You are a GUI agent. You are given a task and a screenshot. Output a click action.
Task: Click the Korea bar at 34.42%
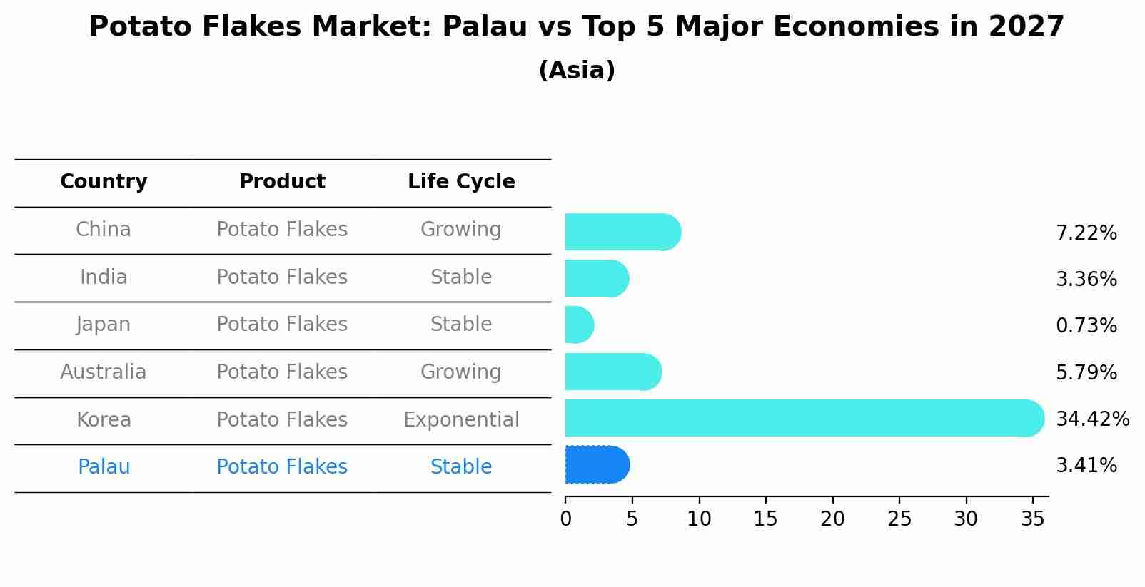coord(803,418)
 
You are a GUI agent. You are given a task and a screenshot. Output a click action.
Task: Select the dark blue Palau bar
coord(597,465)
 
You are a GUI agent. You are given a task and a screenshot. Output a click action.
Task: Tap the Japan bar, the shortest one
coord(579,325)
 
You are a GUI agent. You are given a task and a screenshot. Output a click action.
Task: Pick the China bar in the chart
coord(622,232)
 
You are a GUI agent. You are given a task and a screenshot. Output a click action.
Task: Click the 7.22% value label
coord(1086,233)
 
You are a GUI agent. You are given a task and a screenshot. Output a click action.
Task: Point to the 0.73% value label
coord(1086,326)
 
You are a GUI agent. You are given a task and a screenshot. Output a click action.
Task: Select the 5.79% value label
coord(1086,373)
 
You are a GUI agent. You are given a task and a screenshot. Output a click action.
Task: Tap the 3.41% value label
coord(1086,466)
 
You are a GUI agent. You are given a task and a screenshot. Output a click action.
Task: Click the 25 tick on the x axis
coord(899,519)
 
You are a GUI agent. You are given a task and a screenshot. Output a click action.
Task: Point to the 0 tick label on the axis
coord(566,519)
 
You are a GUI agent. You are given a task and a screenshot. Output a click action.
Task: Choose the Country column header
coord(104,182)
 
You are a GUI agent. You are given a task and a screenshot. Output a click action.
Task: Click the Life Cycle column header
coord(461,182)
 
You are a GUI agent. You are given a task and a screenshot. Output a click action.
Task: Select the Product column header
coord(282,182)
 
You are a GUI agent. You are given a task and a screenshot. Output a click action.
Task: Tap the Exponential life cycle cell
coord(461,420)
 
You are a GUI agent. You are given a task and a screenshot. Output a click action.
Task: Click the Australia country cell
coord(104,372)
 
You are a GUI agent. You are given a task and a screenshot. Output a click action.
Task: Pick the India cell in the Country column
coord(104,277)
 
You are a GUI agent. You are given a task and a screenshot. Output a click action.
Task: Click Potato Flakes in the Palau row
coord(282,467)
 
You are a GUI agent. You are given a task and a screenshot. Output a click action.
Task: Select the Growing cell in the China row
coord(461,230)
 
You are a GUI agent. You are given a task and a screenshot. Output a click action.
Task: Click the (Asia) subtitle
coord(577,71)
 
